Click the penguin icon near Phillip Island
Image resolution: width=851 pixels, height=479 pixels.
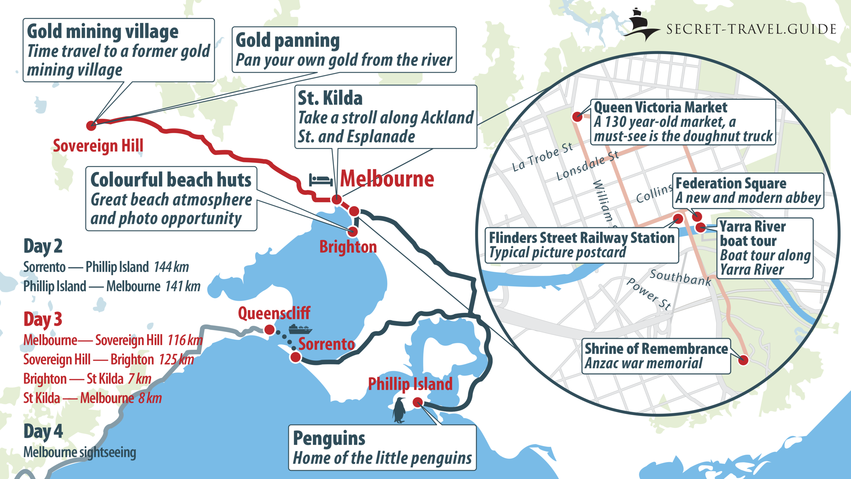[399, 410]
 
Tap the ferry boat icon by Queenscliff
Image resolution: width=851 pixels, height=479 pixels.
[300, 329]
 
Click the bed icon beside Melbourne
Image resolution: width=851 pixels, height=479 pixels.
[321, 180]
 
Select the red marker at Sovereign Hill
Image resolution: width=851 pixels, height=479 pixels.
[91, 125]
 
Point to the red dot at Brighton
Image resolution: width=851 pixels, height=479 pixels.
[353, 232]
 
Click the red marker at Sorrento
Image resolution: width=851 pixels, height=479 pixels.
[295, 357]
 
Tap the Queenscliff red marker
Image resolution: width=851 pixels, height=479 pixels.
[270, 329]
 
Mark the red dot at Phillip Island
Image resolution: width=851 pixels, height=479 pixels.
[418, 402]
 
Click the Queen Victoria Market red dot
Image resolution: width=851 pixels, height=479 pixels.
[577, 117]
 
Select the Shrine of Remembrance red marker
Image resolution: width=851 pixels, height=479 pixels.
[743, 360]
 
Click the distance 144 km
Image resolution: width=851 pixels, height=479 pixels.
[171, 267]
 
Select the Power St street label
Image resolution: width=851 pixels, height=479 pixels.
[649, 294]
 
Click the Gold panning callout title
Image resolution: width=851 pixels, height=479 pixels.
[288, 40]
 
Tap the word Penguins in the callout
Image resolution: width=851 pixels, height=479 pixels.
[329, 438]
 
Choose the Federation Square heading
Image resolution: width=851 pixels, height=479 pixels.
[731, 183]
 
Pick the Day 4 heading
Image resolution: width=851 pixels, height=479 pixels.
[43, 431]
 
